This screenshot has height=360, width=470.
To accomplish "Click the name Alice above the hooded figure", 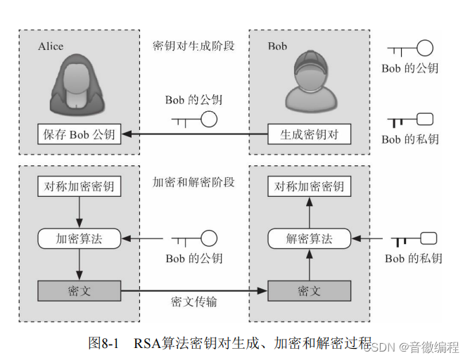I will [x=51, y=46].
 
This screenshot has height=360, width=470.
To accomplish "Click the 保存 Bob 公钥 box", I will [x=79, y=134].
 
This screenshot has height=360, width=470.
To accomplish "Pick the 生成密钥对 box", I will [x=309, y=134].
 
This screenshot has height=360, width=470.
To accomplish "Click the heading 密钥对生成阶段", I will [x=193, y=46].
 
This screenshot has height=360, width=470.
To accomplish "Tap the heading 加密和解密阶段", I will [x=193, y=182].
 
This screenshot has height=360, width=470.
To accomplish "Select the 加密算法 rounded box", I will [x=79, y=238].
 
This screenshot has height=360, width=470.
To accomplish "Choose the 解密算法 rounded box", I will [x=309, y=238].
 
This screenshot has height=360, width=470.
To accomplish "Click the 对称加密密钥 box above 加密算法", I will [x=79, y=187].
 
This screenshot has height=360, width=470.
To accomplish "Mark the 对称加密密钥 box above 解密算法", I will [x=309, y=187].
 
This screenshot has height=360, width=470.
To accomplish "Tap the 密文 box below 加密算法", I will [x=79, y=290].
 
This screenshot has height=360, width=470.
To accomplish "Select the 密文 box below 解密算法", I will [x=309, y=290].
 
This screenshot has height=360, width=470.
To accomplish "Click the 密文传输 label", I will [x=193, y=302].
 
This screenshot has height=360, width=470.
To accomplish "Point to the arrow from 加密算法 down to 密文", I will [x=79, y=264].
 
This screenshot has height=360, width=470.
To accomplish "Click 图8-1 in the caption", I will [x=104, y=342].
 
